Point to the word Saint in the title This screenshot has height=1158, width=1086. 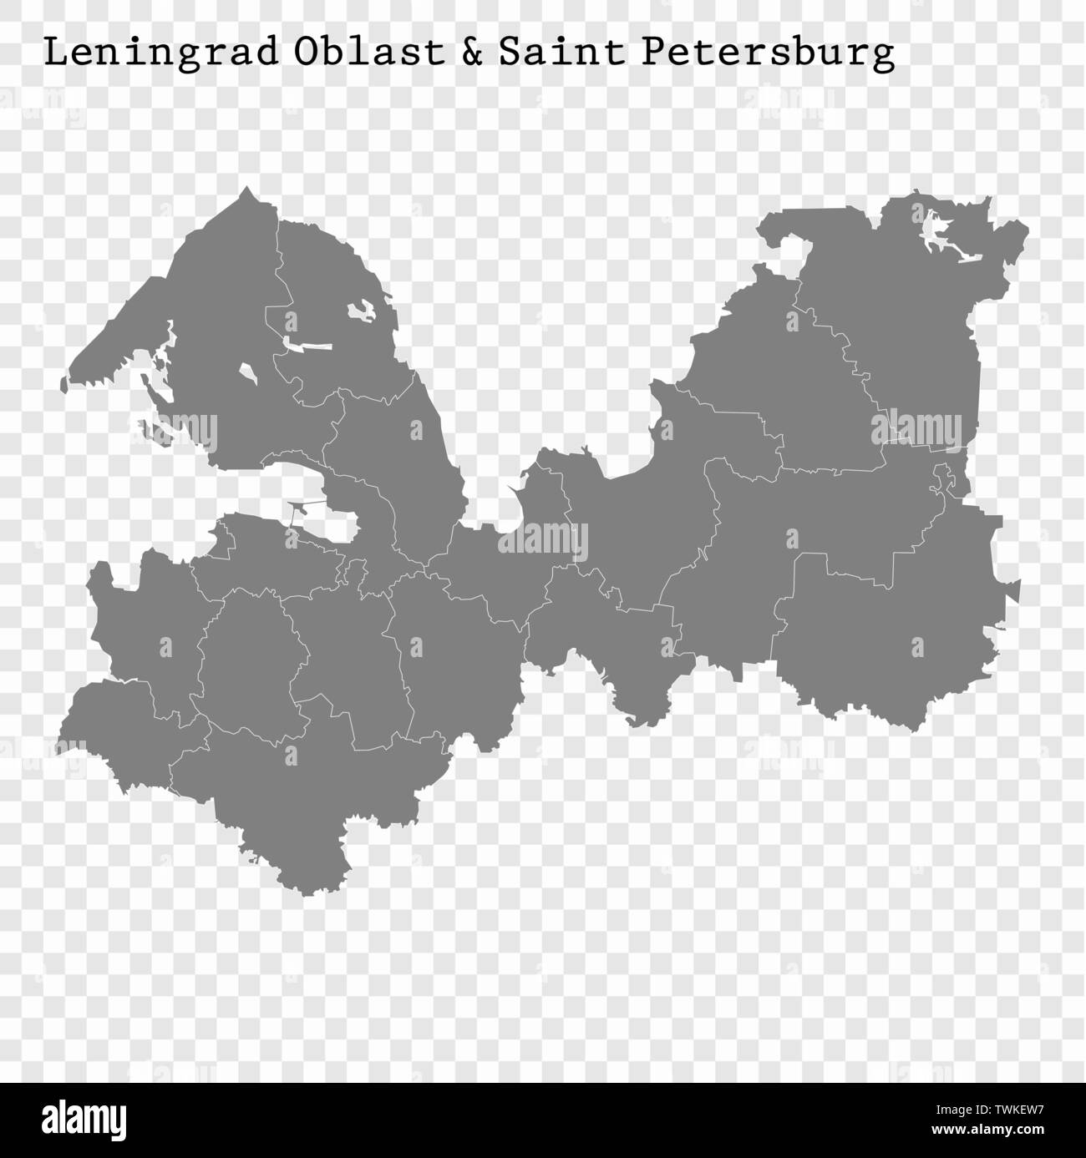561,52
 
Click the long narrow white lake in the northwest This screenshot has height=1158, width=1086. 307,344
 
